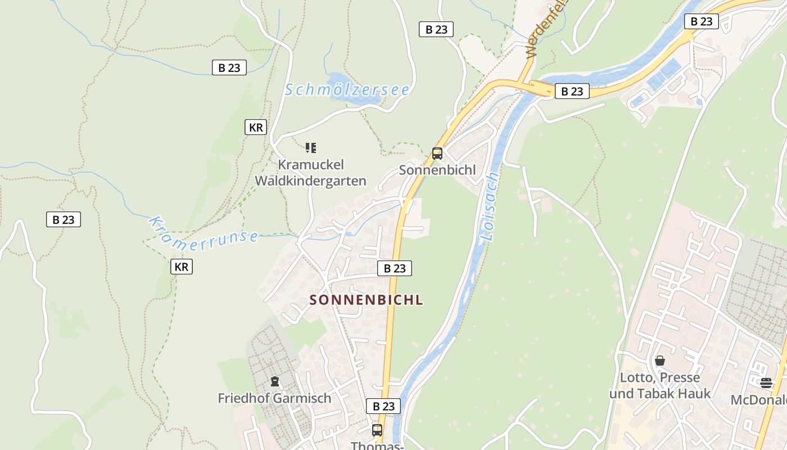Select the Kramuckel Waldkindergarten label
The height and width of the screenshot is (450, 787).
click(x=311, y=173)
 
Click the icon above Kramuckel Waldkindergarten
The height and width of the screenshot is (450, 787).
click(x=311, y=148)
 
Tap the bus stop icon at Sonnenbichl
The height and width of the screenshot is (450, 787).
click(x=437, y=153)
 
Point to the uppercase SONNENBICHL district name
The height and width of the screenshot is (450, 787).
click(x=366, y=300)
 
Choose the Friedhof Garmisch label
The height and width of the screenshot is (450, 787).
click(x=274, y=398)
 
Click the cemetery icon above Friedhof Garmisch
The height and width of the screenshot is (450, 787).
click(x=274, y=382)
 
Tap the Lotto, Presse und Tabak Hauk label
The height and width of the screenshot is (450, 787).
click(x=660, y=385)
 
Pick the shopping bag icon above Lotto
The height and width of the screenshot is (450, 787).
click(x=660, y=361)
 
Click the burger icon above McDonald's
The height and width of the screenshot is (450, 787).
click(x=766, y=384)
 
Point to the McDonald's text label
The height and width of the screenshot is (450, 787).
click(x=759, y=400)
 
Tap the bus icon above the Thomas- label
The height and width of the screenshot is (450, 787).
click(x=377, y=430)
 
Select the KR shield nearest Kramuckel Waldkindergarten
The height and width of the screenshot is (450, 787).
click(x=256, y=127)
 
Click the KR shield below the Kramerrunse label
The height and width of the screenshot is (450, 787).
click(x=181, y=267)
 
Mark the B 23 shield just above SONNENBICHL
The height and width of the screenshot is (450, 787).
click(x=394, y=268)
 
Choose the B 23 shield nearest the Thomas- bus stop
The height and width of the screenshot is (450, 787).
click(x=383, y=406)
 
